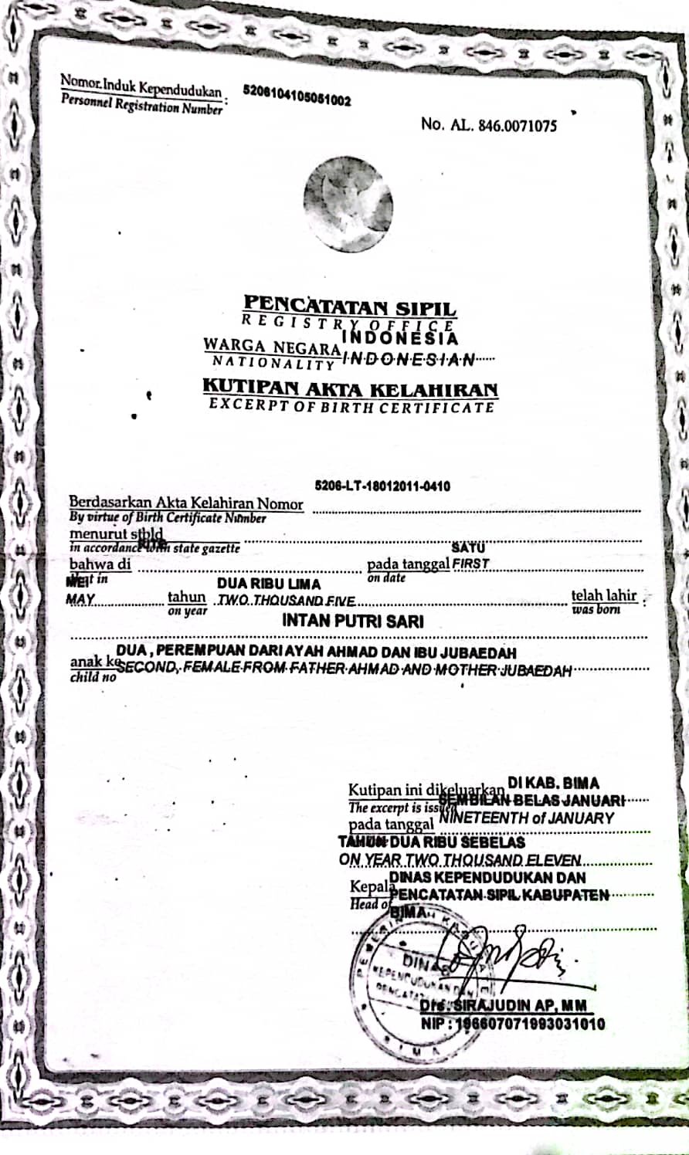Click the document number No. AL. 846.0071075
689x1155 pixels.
(488, 124)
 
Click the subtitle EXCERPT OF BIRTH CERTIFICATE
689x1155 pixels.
(351, 406)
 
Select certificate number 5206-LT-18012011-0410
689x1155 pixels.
(382, 486)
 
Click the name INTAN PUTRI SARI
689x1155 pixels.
(352, 620)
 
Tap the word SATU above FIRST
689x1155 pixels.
(468, 548)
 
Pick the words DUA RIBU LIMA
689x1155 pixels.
(268, 584)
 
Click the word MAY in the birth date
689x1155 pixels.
(80, 599)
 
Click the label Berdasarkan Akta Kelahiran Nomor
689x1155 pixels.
(186, 504)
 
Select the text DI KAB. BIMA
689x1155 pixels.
(553, 784)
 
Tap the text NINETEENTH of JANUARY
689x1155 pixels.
(527, 818)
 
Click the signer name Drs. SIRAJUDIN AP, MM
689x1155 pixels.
(504, 1007)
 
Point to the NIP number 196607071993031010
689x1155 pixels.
(514, 1025)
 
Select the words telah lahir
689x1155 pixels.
(604, 595)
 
